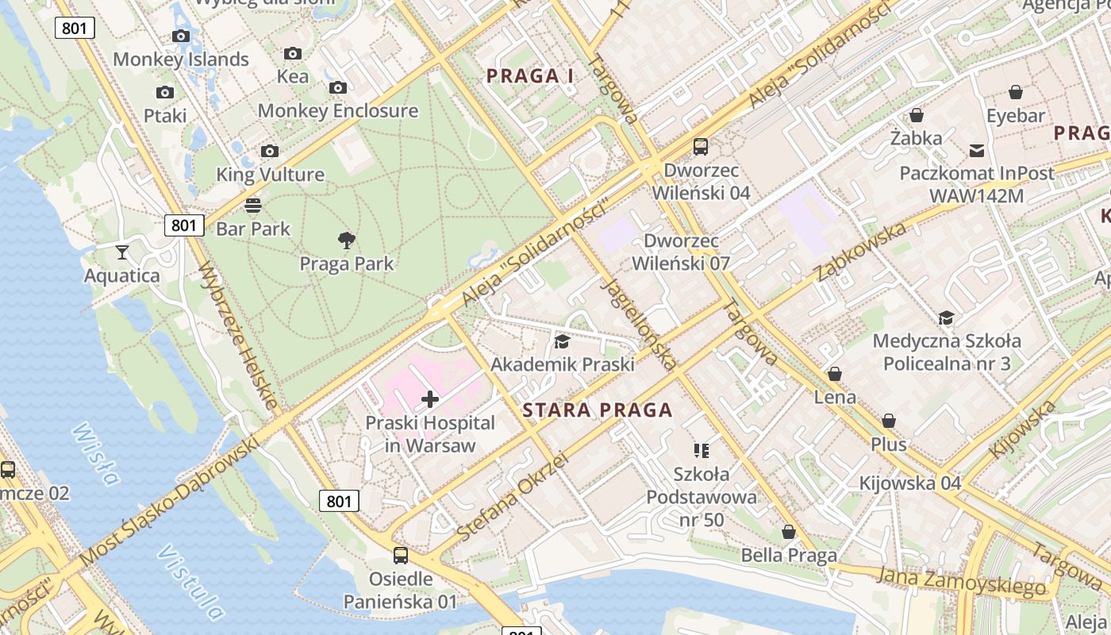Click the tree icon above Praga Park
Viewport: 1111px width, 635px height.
click(346, 240)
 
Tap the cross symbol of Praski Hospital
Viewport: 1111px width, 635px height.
click(430, 399)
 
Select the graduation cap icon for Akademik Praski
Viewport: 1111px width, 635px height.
click(562, 341)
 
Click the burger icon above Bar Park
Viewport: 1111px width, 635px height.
click(253, 206)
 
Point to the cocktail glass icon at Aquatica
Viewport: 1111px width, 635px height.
click(122, 252)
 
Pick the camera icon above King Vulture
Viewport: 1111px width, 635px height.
click(270, 151)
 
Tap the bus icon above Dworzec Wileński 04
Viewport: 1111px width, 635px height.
click(701, 147)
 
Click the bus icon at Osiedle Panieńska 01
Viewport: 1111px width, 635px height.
click(401, 556)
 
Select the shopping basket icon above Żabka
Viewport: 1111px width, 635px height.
click(917, 115)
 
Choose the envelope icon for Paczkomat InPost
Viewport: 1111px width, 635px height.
click(976, 150)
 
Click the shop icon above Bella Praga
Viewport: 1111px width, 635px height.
click(789, 532)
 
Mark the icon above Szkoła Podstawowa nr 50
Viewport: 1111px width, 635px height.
click(701, 451)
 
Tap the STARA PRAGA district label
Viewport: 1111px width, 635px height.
click(598, 410)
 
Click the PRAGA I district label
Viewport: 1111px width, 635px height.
click(529, 76)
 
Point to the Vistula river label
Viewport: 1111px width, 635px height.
click(190, 582)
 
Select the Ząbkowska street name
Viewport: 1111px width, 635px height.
click(861, 252)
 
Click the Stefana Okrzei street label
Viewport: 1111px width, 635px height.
click(513, 497)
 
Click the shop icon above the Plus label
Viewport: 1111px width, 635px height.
click(889, 421)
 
